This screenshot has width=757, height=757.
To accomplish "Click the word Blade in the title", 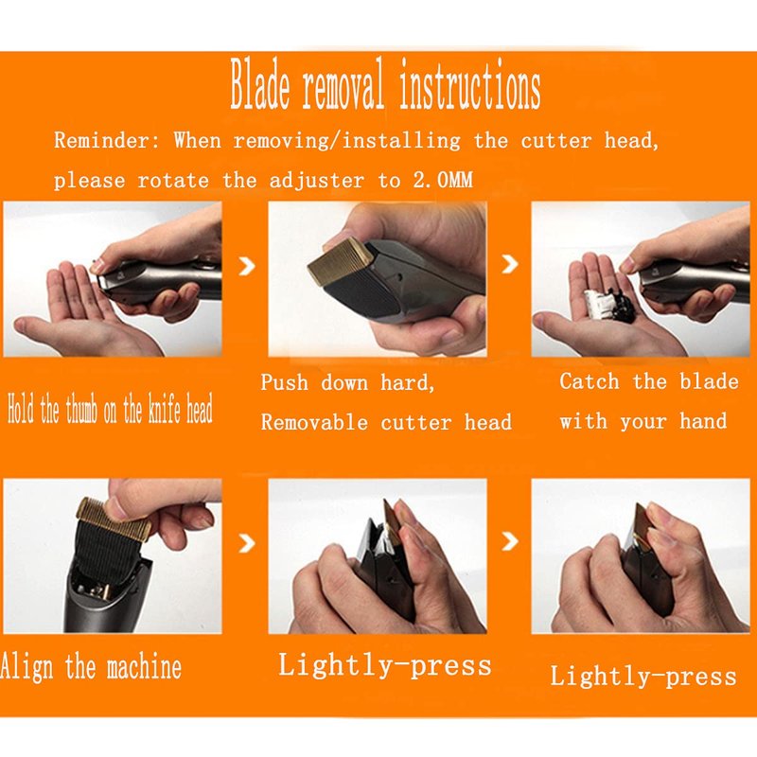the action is (259, 85).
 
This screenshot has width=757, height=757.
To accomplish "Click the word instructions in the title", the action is (469, 85).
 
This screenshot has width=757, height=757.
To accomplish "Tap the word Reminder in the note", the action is (106, 141).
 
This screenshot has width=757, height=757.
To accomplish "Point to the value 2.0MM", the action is (443, 181).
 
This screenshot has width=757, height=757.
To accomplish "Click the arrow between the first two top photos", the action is (247, 266).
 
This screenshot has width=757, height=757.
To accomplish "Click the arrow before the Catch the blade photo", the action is (510, 264).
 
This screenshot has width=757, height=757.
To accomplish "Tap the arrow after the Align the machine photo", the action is (247, 543).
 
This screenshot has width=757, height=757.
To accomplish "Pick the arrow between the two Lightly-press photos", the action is (510, 541).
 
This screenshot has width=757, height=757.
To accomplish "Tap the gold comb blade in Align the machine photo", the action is (114, 517).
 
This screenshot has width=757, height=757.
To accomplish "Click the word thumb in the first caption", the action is (83, 412).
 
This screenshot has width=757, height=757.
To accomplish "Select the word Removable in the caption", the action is (315, 422).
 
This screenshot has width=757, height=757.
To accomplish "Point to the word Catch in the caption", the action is (590, 382).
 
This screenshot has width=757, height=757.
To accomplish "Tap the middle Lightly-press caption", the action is (385, 666).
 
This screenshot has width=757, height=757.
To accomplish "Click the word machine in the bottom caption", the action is (144, 667).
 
